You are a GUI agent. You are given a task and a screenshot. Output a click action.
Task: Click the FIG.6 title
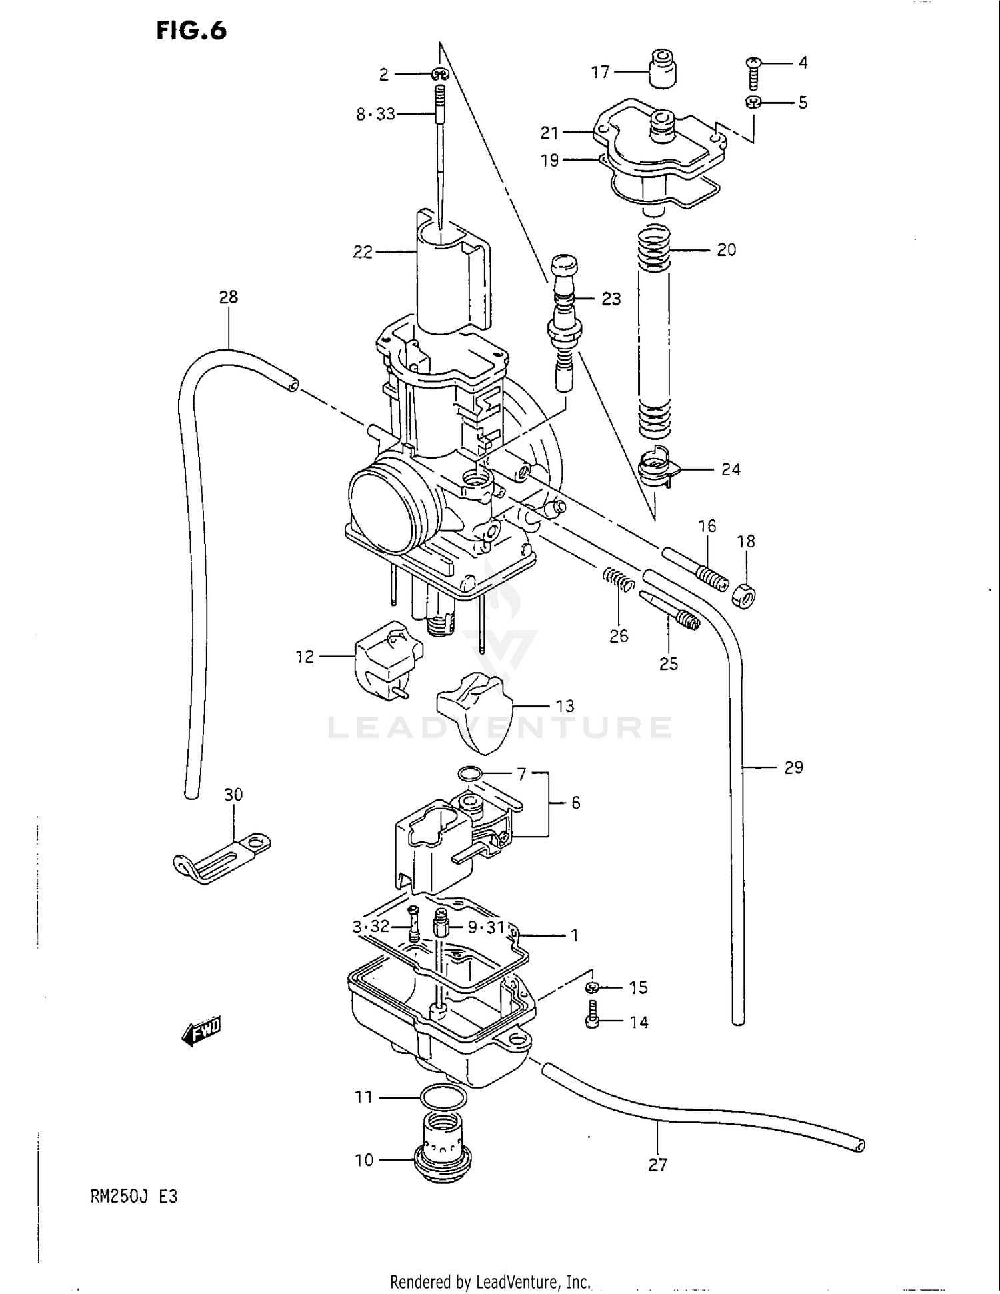coord(191,31)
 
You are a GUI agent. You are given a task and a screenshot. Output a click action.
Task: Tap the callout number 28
coord(228,297)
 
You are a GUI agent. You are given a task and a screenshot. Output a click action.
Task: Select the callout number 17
coord(600,72)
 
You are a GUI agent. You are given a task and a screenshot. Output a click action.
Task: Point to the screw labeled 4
coord(753,74)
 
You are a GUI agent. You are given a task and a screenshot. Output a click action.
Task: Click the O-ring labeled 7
coord(471,774)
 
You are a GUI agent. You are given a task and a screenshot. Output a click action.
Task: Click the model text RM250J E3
coord(133,1196)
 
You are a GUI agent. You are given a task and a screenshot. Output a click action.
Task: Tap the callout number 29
coord(793,768)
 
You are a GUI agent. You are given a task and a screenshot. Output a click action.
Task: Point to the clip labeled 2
coord(440,74)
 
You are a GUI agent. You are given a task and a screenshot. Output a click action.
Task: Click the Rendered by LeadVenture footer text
coord(490,1281)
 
